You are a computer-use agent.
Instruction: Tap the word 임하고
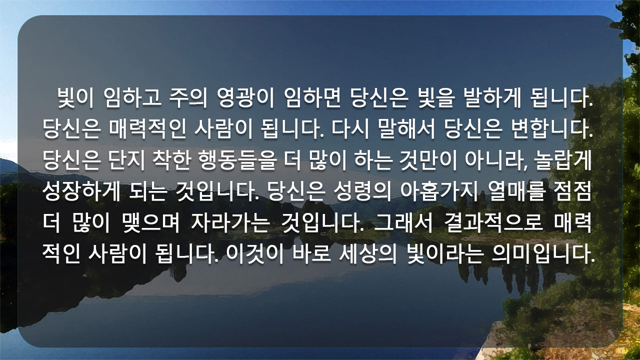coord(133,97)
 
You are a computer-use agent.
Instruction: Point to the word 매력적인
coord(147,129)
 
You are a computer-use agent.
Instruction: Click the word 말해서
coord(406,129)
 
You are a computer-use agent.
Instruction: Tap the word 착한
coord(171,160)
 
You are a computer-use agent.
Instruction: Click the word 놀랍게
coord(563,160)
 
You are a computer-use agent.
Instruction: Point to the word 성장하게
coord(81,191)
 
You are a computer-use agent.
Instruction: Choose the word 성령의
coord(362,191)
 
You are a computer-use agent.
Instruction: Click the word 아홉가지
coord(439,191)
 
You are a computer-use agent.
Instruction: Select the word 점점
coord(572,191)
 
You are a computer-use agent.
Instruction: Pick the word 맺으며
coord(150,223)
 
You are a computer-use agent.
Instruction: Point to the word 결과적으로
coord(493,223)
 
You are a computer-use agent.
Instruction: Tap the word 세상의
coord(368,254)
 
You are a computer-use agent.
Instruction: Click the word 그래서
coord(403,223)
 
